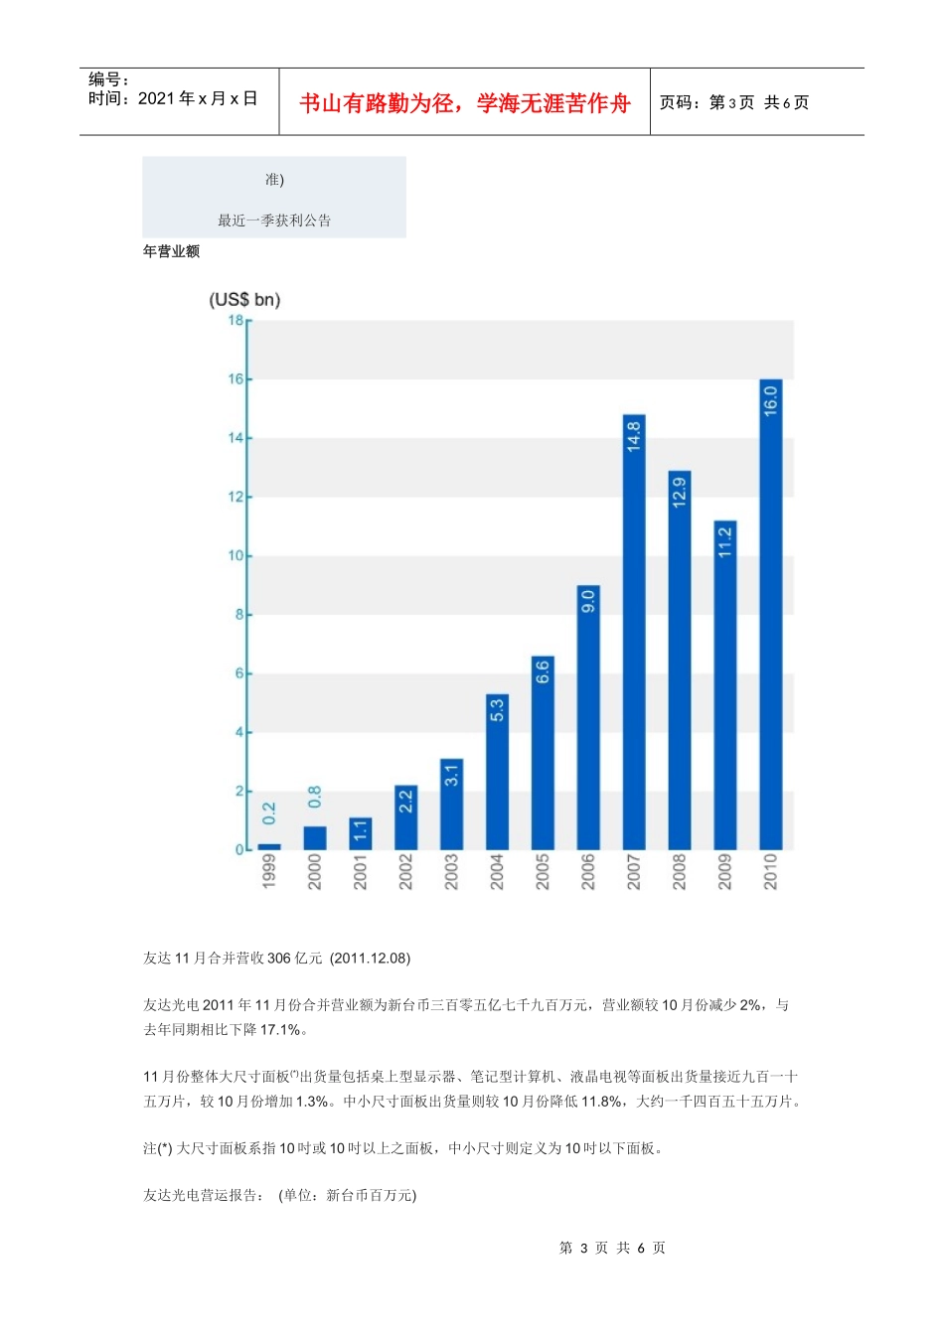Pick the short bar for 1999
[x=269, y=847]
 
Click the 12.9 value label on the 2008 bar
[x=680, y=493]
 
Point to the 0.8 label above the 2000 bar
[x=315, y=797]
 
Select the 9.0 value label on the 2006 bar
[x=588, y=601]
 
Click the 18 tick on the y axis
[x=236, y=320]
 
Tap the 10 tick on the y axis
[x=236, y=555]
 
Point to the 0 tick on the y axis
[x=239, y=849]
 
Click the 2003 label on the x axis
[x=451, y=871]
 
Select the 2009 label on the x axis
[x=725, y=871]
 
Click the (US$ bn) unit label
[x=244, y=299]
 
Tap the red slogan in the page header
[x=464, y=103]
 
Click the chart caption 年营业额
[x=171, y=251]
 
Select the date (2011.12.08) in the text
[x=371, y=958]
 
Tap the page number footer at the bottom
[x=612, y=1248]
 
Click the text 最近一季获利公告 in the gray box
[x=274, y=221]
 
